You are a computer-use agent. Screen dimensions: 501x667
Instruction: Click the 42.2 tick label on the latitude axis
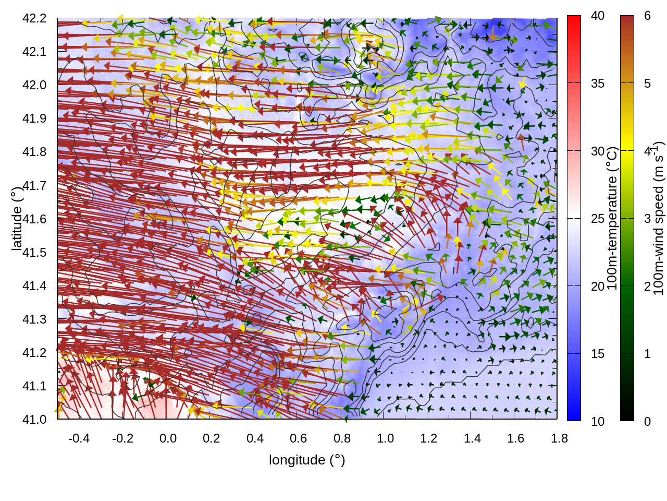pos(34,18)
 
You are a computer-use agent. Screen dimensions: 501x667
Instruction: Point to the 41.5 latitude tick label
pos(34,253)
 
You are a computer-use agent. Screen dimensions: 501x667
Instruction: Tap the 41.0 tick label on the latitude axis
pos(34,420)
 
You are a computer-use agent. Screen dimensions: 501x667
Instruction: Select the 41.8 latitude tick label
pos(34,152)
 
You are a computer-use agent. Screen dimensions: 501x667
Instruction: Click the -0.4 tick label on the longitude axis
pos(79,438)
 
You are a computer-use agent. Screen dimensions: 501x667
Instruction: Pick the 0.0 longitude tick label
pos(168,438)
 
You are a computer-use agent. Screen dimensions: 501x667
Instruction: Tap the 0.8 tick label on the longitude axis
pos(342,438)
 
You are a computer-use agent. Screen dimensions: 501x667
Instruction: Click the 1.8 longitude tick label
pos(559,438)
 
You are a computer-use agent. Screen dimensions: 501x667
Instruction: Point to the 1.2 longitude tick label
pos(429,438)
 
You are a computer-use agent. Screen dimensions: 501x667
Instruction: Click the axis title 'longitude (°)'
pos(307,460)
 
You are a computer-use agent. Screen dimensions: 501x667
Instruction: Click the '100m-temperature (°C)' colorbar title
pos(612,218)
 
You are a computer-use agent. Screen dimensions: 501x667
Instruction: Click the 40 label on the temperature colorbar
pos(598,16)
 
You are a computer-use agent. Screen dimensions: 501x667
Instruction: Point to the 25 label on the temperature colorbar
pos(598,219)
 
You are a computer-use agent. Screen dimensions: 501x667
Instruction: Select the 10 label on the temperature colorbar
pos(598,421)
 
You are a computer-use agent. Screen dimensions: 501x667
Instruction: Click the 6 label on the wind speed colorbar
pos(647,16)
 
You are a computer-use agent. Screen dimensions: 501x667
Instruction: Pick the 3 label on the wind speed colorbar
pos(647,219)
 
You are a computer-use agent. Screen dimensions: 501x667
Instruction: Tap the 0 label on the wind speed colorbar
pos(647,421)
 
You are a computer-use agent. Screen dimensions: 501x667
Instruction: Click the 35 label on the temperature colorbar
pos(598,83)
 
